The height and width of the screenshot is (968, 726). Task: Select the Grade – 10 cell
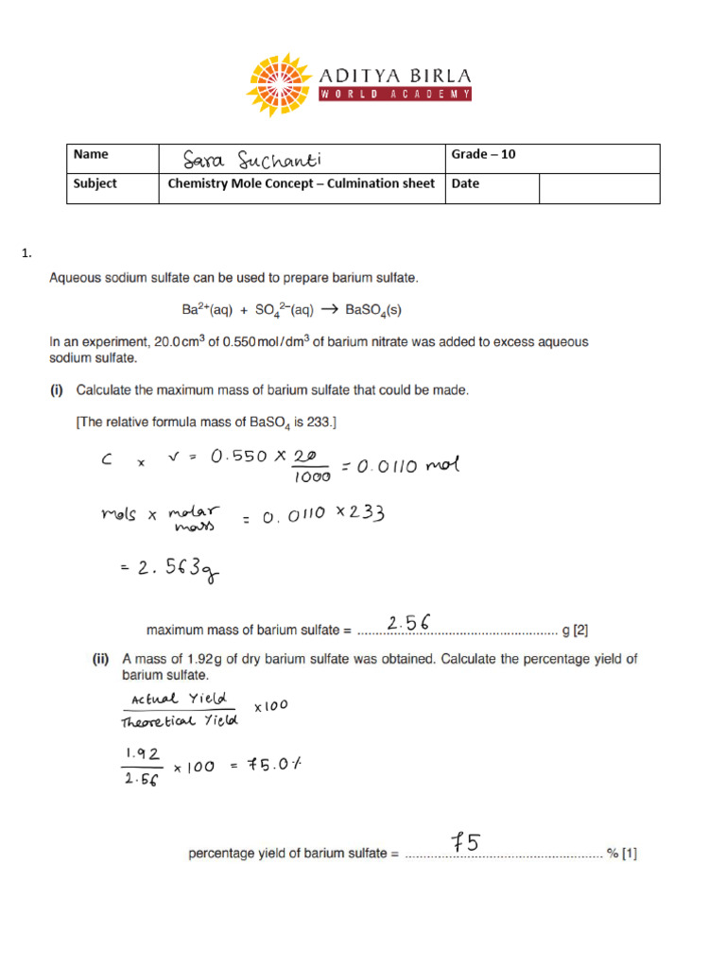click(484, 155)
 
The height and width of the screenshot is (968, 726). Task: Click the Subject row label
click(95, 183)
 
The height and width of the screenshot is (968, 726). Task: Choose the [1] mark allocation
click(630, 854)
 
